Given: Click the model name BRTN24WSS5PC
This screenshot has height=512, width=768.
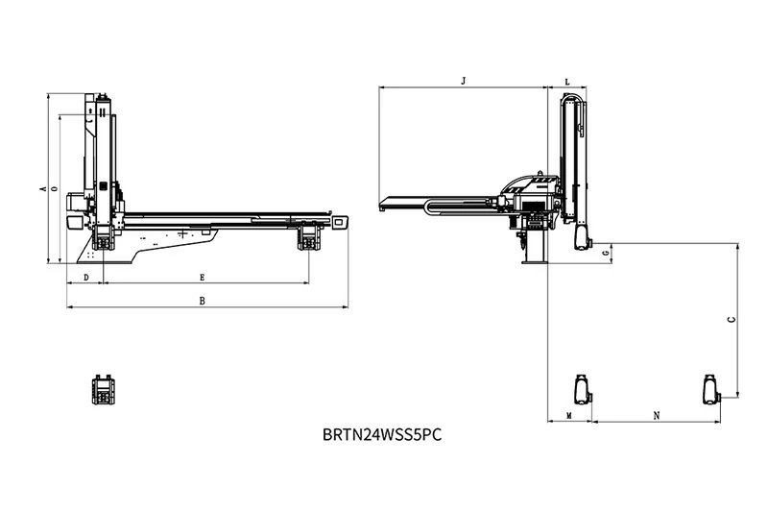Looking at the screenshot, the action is click(382, 434).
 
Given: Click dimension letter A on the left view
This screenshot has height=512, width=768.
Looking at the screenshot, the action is click(43, 188).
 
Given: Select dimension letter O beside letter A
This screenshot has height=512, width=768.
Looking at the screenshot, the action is click(55, 188).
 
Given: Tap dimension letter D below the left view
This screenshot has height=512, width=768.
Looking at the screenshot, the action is click(86, 278).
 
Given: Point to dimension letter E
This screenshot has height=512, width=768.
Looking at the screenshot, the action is click(202, 278).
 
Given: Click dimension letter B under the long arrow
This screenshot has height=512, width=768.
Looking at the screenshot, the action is click(202, 302).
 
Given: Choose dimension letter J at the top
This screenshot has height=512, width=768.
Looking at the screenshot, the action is click(464, 81).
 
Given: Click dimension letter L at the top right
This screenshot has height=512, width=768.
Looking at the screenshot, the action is click(567, 82).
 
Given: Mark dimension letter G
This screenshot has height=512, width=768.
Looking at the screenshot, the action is click(607, 254).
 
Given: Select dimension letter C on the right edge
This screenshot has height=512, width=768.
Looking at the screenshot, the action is click(732, 320).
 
